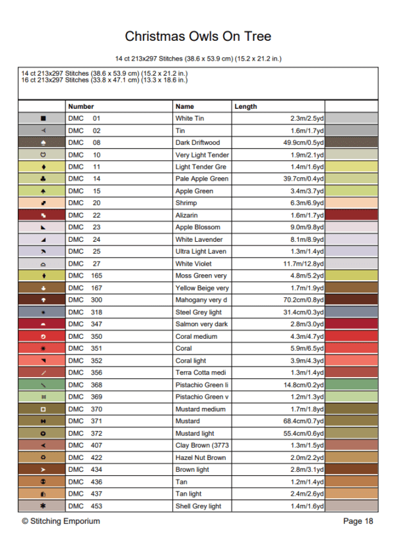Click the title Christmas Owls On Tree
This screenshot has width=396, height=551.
tap(198, 36)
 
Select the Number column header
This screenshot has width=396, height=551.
tap(81, 106)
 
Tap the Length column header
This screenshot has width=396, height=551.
tap(246, 106)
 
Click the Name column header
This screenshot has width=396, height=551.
tap(185, 106)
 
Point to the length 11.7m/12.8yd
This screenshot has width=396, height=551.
tap(302, 264)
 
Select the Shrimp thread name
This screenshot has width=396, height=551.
tap(187, 203)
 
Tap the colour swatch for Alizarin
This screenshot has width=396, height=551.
tap(351, 216)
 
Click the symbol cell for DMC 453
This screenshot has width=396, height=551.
tap(43, 506)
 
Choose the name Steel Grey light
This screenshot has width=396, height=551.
tap(199, 312)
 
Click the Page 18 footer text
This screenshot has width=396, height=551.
tap(358, 521)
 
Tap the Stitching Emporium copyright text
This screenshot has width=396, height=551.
tap(61, 521)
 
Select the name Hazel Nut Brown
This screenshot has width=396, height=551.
tap(201, 457)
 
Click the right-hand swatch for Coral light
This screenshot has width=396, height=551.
tap(351, 361)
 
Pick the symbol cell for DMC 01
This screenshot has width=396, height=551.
tap(43, 119)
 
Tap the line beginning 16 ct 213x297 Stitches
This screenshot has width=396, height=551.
tap(104, 80)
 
